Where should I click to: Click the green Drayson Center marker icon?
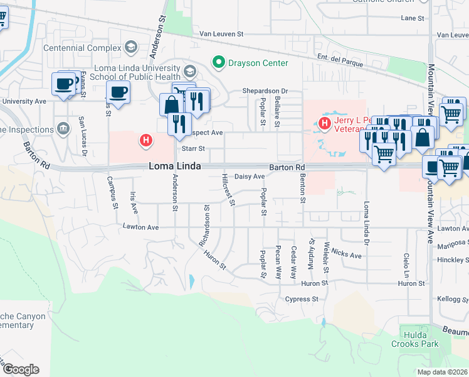[x=219, y=62]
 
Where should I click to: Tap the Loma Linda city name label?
[x=175, y=167]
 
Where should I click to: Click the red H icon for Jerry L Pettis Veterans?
[x=325, y=124]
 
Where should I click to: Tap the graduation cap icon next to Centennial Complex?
[x=131, y=48]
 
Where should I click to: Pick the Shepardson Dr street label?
[x=265, y=91]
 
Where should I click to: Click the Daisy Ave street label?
[x=250, y=177]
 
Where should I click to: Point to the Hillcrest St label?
[x=228, y=190]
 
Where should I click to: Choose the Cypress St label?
[x=302, y=300]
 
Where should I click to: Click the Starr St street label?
[x=192, y=149]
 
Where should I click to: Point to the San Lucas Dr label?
[x=82, y=135]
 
